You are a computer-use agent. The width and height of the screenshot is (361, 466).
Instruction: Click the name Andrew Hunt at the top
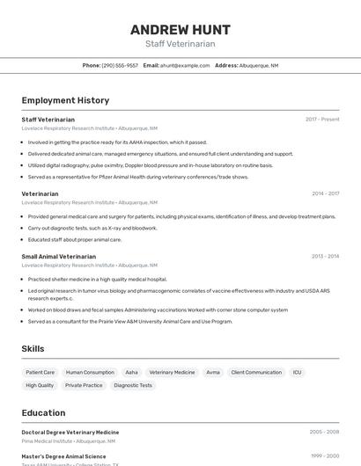180,29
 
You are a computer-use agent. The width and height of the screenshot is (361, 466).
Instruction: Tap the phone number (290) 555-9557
120,65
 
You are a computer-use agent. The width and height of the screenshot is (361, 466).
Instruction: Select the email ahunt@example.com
185,65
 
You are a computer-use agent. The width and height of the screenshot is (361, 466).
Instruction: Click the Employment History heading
65,100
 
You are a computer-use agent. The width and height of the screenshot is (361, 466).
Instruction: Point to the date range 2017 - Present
322,120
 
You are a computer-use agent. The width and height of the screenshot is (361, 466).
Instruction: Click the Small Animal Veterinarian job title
58,256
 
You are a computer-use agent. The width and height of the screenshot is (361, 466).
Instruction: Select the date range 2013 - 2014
325,256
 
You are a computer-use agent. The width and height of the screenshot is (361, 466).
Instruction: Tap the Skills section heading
33,349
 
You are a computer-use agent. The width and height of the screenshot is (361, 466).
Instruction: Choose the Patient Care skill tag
41,373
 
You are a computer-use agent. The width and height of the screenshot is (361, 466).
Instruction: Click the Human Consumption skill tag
90,373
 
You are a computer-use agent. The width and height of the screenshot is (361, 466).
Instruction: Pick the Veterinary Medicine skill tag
172,373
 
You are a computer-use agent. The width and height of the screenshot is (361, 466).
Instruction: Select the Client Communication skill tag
256,373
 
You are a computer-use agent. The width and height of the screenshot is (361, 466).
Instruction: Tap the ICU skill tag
298,373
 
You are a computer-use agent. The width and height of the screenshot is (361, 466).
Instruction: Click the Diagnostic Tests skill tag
133,385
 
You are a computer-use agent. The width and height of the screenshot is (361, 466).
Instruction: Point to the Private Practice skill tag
84,385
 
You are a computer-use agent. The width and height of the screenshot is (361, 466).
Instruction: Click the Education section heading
43,412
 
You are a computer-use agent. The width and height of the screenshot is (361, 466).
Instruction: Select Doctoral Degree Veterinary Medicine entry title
70,433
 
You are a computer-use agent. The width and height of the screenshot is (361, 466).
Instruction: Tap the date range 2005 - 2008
324,433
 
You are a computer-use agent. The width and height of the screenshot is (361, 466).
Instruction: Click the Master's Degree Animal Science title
63,456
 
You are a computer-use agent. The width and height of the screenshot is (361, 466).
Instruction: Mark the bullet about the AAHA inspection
117,142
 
